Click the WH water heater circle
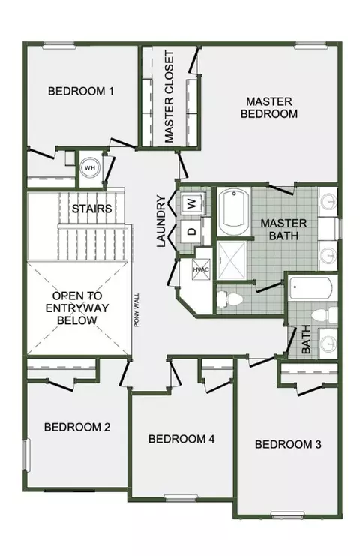90,168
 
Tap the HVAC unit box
201,269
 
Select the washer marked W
192,203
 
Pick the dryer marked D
192,231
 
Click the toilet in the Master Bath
229,299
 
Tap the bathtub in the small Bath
310,287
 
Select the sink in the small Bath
328,343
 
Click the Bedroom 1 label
81,91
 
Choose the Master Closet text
169,97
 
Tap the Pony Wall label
136,310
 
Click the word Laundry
160,221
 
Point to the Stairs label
91,209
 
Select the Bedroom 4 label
181,439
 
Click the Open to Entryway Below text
77,308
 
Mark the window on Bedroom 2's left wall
26,455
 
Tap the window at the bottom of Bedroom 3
287,514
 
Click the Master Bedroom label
269,108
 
